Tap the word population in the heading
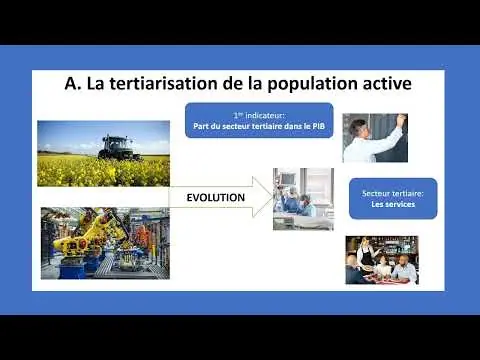coord(312,85)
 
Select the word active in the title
coord(387,84)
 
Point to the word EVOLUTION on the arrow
coord(216,197)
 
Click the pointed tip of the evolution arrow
coord(273,197)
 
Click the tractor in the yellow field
coord(118,147)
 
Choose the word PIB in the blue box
coord(319,126)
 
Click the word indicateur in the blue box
coord(265,115)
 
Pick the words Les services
coord(393,204)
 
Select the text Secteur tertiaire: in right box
coord(393,193)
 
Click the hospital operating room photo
coord(303,199)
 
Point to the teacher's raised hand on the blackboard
coord(402,118)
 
